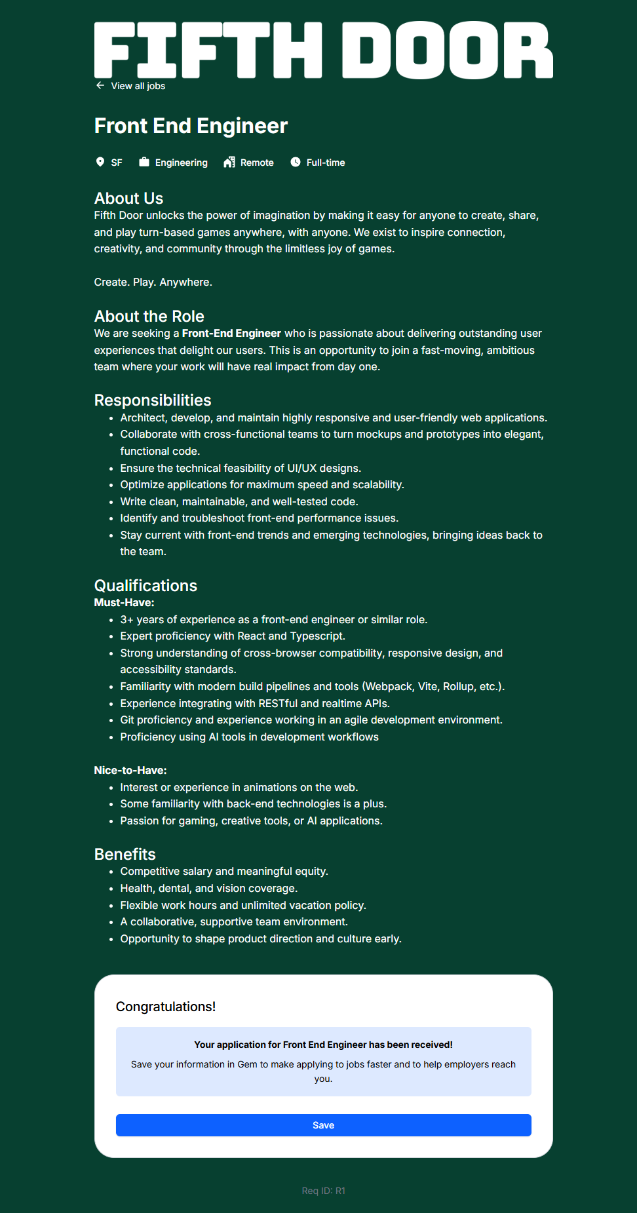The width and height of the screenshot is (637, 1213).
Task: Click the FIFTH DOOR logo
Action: point(323,50)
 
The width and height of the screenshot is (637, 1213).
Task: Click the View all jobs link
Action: point(138,86)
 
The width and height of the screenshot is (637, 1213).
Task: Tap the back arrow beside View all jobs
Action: point(100,86)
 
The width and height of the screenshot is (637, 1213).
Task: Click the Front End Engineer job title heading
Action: point(191,126)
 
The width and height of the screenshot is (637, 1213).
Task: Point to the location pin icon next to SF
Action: point(100,162)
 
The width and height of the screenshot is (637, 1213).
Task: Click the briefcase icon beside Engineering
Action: point(144,162)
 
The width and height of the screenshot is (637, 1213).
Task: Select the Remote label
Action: point(257,163)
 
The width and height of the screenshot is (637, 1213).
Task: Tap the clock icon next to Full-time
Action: point(296,162)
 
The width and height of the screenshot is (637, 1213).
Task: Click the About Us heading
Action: point(128,198)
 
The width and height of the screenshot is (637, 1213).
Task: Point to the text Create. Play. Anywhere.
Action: point(153,282)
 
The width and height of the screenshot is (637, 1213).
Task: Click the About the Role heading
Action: point(149,316)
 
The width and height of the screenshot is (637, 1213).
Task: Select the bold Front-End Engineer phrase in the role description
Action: point(231,334)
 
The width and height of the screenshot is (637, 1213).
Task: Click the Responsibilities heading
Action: point(153,400)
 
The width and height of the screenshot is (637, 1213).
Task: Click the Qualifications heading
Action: point(145,585)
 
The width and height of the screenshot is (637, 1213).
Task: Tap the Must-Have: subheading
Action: point(124,602)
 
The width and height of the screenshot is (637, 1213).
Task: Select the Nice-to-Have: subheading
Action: point(130,770)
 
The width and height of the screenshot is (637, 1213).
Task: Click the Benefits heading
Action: point(125,854)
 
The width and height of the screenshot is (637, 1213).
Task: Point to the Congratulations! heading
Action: point(165,1007)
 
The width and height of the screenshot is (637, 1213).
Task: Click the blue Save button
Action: point(323,1125)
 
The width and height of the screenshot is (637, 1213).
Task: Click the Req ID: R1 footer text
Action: point(323,1191)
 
